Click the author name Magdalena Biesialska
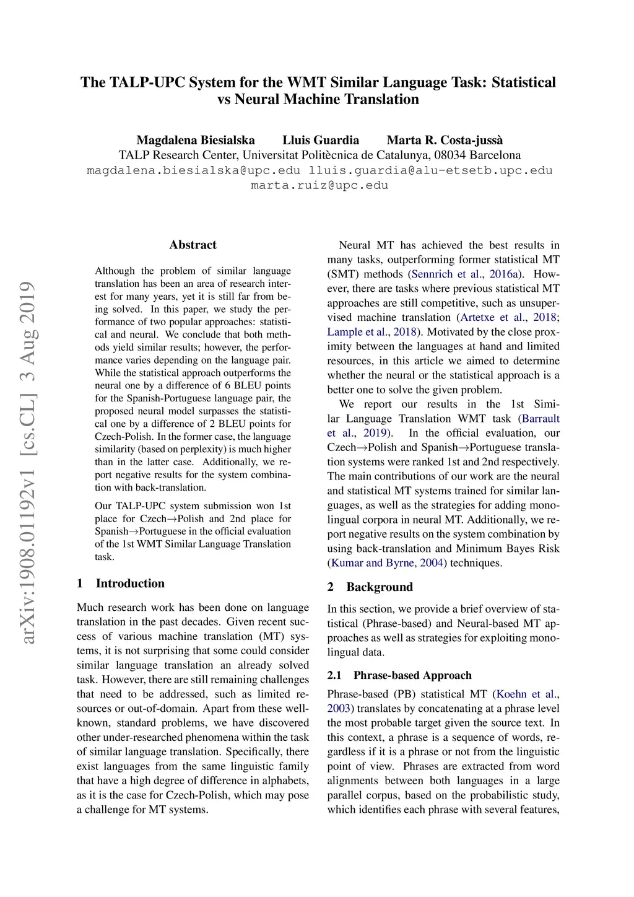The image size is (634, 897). coord(196,140)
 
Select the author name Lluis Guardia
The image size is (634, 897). coord(321,140)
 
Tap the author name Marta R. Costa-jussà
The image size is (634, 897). coord(445,140)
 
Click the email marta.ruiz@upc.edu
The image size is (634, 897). coord(319,185)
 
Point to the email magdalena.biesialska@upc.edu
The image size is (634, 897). coord(194,170)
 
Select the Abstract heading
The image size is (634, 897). coord(193,245)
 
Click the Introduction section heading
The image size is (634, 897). coord(130,584)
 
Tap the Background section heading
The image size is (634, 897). coord(379,587)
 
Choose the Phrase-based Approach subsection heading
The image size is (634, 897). coord(412,675)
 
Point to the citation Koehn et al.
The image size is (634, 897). coord(527,694)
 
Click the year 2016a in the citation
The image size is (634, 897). coord(505,274)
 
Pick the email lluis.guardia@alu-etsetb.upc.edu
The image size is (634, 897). coord(431,170)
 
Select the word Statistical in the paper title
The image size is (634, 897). coord(523,82)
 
